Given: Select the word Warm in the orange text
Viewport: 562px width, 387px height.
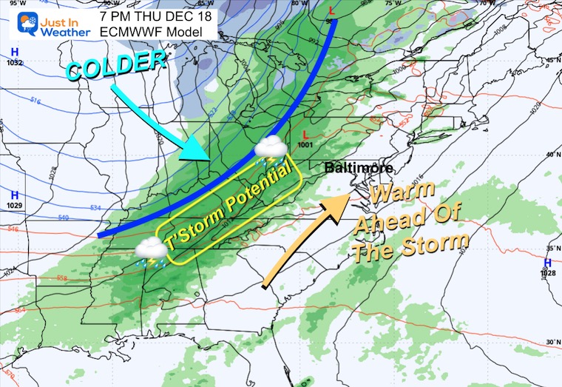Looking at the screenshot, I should pos(405,195).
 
